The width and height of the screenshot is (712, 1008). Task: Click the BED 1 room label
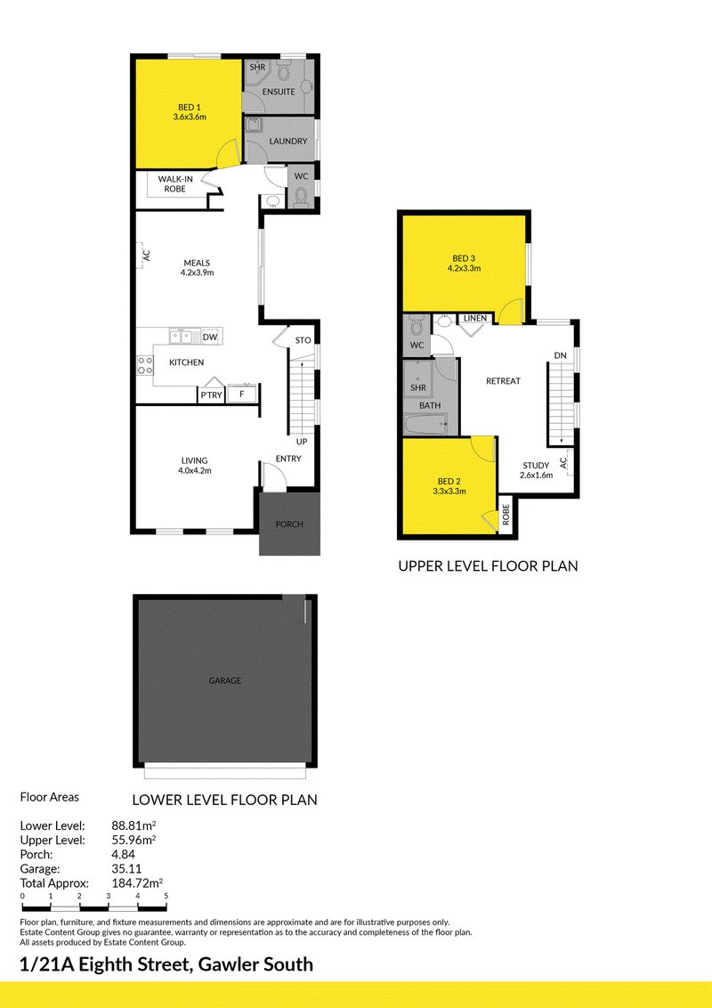click(189, 108)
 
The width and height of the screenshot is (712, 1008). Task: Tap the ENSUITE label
click(279, 92)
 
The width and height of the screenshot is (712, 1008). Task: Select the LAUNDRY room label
click(287, 141)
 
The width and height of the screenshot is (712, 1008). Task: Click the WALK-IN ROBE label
click(175, 183)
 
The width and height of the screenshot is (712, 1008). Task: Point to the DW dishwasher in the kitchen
click(209, 337)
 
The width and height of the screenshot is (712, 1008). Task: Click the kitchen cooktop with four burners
click(145, 365)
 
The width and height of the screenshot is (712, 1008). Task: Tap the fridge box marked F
click(242, 394)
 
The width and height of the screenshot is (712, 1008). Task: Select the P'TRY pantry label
click(211, 394)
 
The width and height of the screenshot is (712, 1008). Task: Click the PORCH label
click(289, 524)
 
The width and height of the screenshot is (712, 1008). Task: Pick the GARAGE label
click(225, 680)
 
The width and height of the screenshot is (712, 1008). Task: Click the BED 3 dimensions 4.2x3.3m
click(464, 268)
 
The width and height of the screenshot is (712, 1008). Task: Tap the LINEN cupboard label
click(475, 318)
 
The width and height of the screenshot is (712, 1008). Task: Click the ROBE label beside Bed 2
click(506, 514)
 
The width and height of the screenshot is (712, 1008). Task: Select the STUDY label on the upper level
click(536, 466)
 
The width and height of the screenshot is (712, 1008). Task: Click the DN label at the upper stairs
click(561, 355)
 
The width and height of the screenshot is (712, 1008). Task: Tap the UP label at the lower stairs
click(302, 442)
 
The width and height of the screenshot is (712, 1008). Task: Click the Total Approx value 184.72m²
click(137, 883)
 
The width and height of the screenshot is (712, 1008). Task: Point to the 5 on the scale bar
click(166, 896)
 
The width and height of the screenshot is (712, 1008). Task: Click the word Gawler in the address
click(224, 964)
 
